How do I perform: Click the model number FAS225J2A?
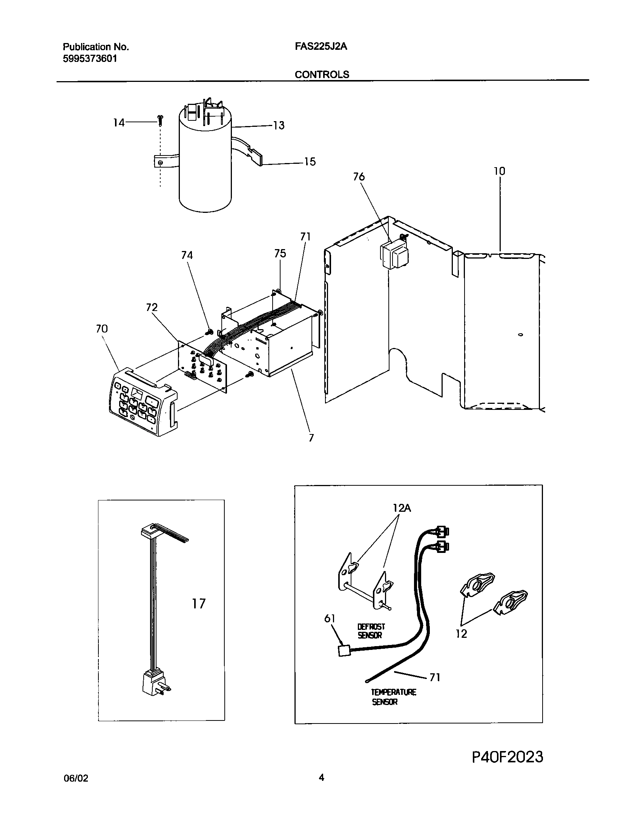pyautogui.click(x=321, y=46)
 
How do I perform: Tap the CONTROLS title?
pyautogui.click(x=322, y=74)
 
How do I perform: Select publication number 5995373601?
pyautogui.click(x=90, y=59)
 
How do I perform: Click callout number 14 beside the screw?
pyautogui.click(x=119, y=123)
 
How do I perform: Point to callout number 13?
pyautogui.click(x=278, y=125)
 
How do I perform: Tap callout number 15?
pyautogui.click(x=310, y=162)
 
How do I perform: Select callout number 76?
pyautogui.click(x=359, y=177)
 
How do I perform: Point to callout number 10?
pyautogui.click(x=499, y=171)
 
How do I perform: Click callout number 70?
pyautogui.click(x=102, y=329)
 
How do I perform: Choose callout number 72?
pyautogui.click(x=152, y=307)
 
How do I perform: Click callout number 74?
pyautogui.click(x=187, y=256)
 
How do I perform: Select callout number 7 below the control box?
pyautogui.click(x=311, y=438)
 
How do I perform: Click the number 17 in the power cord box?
pyautogui.click(x=199, y=604)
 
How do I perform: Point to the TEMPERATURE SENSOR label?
pyautogui.click(x=393, y=697)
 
